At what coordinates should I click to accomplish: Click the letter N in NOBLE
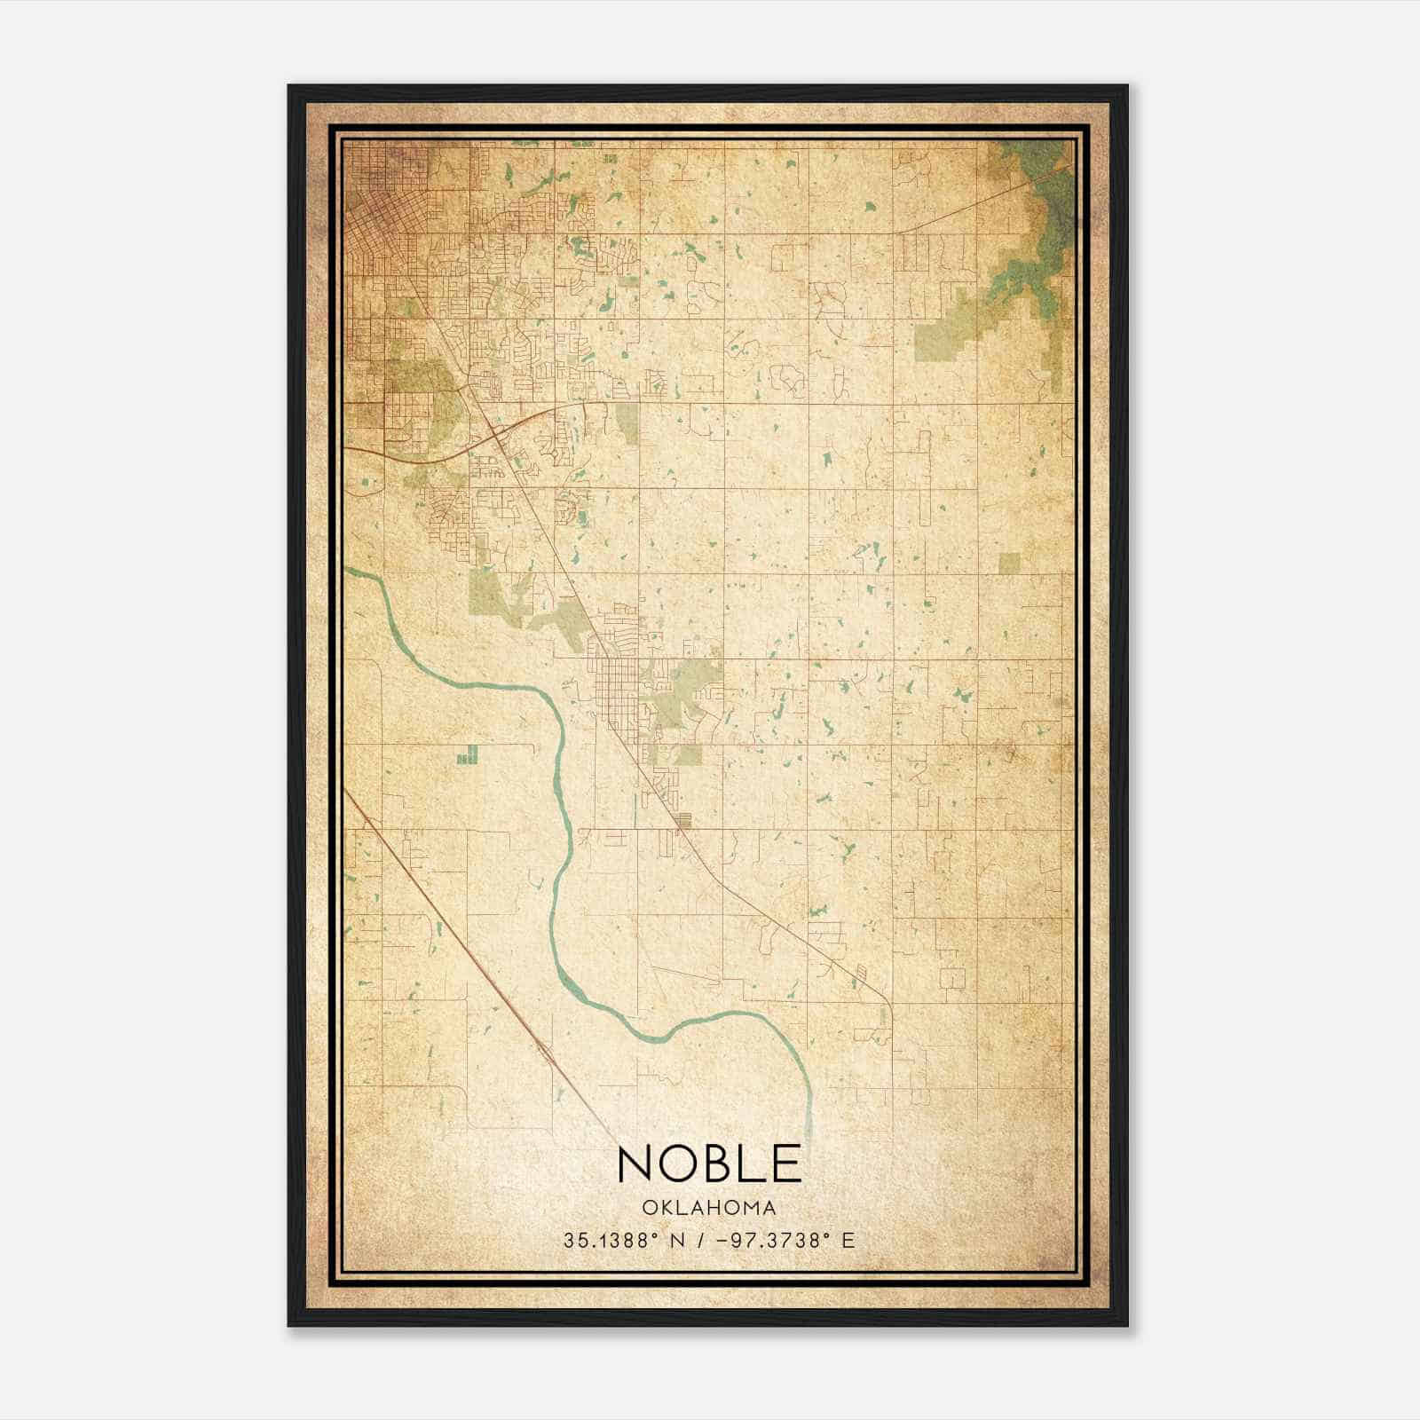pyautogui.click(x=636, y=1164)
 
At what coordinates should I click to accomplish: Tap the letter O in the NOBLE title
pyautogui.click(x=682, y=1164)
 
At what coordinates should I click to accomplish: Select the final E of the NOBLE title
pyautogui.click(x=787, y=1164)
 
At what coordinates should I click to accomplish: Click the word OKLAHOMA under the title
pyautogui.click(x=710, y=1208)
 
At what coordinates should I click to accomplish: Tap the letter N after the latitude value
pyautogui.click(x=676, y=1241)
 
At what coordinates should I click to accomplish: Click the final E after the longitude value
pyautogui.click(x=849, y=1241)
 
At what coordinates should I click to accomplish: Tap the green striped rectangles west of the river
pyautogui.click(x=467, y=755)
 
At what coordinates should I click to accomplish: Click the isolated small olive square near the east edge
pyautogui.click(x=1009, y=563)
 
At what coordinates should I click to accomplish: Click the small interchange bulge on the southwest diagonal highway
pyautogui.click(x=544, y=1053)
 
